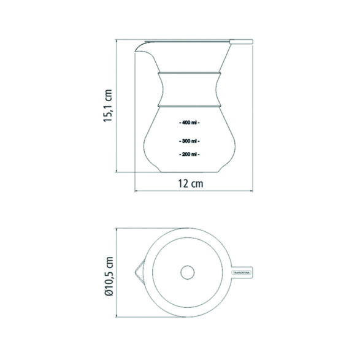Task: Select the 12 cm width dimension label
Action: point(190,183)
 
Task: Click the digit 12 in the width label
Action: point(183,183)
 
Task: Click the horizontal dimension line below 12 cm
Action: point(193,191)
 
